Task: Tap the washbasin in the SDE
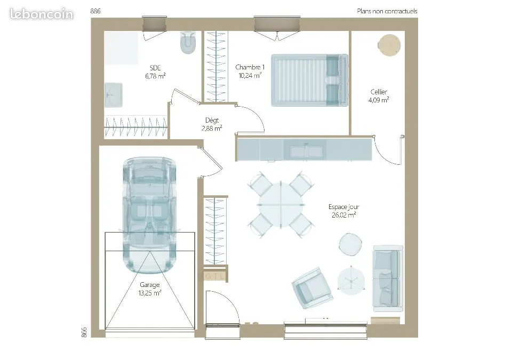point(113,95)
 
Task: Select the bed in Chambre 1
point(309,80)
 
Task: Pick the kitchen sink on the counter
point(306,150)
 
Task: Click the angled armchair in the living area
point(312,288)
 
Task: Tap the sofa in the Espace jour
point(388,278)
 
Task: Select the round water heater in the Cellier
point(389,45)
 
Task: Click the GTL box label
point(215,276)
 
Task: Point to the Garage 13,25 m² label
point(149,289)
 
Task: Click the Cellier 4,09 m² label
point(379,95)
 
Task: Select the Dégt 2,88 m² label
point(212,124)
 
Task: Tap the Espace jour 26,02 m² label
point(344,211)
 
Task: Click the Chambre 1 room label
point(250,67)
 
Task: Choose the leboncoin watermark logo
point(42,14)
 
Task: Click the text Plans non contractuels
point(387,11)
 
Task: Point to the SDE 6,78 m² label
point(155,72)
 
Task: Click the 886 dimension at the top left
point(95,11)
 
